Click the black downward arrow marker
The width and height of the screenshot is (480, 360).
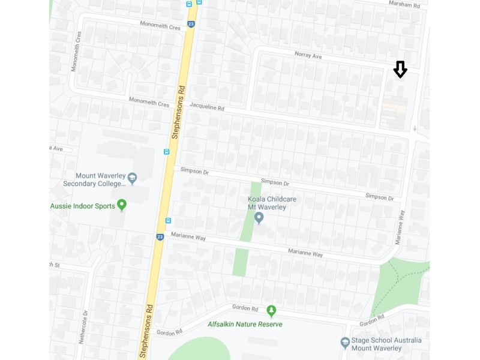point(400,70)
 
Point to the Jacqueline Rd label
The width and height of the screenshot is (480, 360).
point(206,107)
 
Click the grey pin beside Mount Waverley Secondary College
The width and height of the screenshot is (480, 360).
point(133,178)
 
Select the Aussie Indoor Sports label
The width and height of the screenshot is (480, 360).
point(82,206)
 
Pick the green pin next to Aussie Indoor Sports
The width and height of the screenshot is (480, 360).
point(122,205)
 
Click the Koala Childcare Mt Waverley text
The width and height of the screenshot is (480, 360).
point(272,203)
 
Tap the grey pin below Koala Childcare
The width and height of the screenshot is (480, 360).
point(259,217)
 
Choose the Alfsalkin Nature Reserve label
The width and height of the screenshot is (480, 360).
point(245,324)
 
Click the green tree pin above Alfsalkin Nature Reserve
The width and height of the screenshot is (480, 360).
point(271,311)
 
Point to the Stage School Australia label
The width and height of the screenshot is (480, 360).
point(386,344)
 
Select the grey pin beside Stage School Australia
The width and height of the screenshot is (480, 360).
point(345,343)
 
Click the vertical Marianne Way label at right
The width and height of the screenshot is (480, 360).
point(400,226)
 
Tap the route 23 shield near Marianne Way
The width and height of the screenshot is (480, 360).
point(160,237)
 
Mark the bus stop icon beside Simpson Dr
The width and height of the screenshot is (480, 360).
point(166,152)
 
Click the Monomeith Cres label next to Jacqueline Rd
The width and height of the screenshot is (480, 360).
point(149,104)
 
